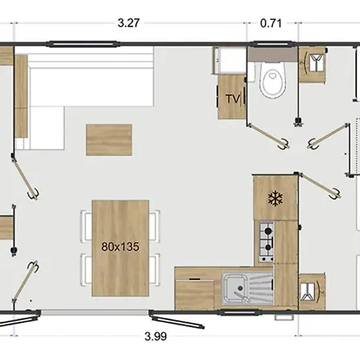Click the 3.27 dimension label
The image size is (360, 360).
tap(129, 23)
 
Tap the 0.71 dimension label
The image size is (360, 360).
tap(271, 23)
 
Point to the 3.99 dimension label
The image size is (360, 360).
tap(156, 336)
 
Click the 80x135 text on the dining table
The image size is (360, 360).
tap(120, 246)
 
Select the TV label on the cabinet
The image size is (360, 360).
tap(233, 99)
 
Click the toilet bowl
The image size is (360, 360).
tap(273, 80)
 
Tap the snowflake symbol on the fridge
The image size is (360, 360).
tap(275, 198)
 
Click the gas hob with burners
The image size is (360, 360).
tap(266, 242)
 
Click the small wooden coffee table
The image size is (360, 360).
tap(109, 140)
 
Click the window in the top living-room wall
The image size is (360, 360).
tap(82, 44)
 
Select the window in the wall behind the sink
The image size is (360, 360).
tap(238, 312)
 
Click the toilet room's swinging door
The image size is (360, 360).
tap(267, 136)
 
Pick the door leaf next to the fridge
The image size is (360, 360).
tap(319, 186)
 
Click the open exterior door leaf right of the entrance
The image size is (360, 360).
tap(177, 319)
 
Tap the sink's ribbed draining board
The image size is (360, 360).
tap(260, 289)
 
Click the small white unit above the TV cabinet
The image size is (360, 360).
tap(230, 60)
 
